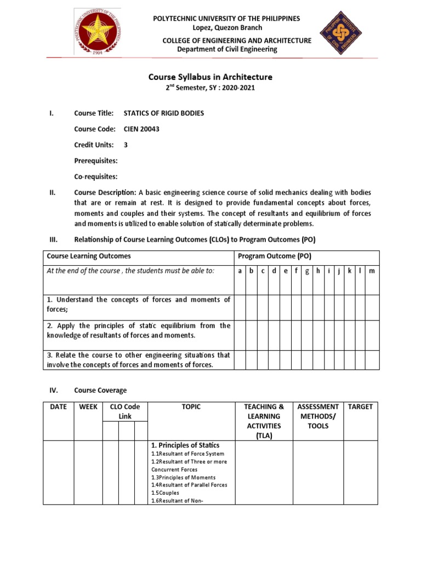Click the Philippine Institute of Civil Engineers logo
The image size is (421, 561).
click(x=341, y=33)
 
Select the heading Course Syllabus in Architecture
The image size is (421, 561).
click(x=210, y=77)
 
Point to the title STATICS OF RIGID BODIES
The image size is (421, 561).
click(x=164, y=113)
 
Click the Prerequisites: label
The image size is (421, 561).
click(x=96, y=161)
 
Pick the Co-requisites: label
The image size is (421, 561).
click(x=96, y=176)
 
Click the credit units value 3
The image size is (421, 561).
click(x=126, y=145)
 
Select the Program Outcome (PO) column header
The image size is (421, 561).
click(x=274, y=256)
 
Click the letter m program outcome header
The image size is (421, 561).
click(x=372, y=271)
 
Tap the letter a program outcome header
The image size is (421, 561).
click(x=239, y=271)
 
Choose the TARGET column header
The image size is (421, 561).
click(x=361, y=407)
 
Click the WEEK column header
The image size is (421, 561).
click(x=88, y=407)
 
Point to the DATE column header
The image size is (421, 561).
click(x=58, y=407)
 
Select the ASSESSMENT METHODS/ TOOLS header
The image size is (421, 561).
click(x=317, y=416)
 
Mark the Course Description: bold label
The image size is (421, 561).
click(x=105, y=192)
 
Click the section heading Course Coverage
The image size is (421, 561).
click(x=100, y=390)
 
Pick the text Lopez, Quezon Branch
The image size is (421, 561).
click(x=227, y=27)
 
